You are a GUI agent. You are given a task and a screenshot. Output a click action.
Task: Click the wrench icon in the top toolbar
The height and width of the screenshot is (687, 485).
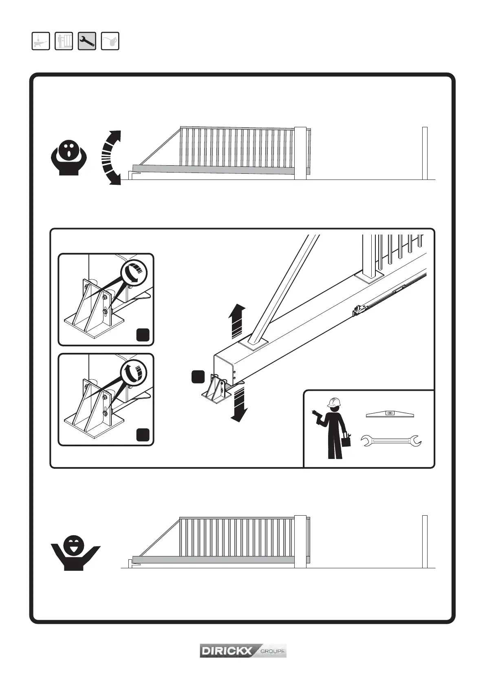[x=87, y=41]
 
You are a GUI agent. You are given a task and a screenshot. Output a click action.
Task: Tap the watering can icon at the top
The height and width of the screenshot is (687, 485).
[x=110, y=41]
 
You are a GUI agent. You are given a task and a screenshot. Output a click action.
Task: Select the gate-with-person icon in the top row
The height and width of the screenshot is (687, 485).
[x=64, y=41]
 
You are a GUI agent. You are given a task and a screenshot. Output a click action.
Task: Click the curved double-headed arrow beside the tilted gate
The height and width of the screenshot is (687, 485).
[x=111, y=158]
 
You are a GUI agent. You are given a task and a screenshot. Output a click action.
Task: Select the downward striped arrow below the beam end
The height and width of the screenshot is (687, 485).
[x=238, y=404]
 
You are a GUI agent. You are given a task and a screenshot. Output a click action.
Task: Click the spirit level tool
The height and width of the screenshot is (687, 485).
[x=390, y=414]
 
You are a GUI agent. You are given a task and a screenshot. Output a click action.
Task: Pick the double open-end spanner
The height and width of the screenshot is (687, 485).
[x=392, y=441]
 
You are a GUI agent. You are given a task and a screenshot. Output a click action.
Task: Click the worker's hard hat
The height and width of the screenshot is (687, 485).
[x=333, y=402]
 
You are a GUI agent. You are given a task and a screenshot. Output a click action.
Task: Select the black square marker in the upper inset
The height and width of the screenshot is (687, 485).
[x=143, y=335]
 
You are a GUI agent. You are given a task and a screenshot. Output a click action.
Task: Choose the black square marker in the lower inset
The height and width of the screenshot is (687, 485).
[x=143, y=435]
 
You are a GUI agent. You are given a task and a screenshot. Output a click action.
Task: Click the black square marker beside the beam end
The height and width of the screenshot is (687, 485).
[x=198, y=377]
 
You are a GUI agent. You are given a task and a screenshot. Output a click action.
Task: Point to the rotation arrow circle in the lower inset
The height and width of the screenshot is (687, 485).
[x=134, y=372]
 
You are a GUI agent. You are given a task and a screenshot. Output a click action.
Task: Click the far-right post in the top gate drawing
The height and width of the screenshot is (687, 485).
[x=425, y=153]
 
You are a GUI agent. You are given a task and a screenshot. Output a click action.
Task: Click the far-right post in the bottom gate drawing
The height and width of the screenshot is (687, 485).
[x=425, y=541]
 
